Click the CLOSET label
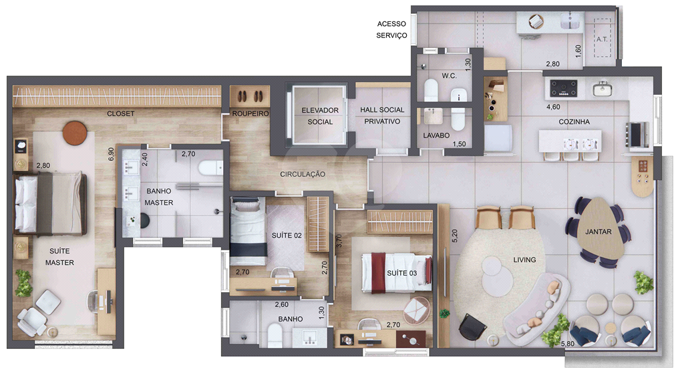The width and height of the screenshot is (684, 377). tap(121, 113)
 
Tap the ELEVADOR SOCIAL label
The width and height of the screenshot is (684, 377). tap(320, 116)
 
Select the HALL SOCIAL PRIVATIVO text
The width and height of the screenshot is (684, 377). tap(382, 115)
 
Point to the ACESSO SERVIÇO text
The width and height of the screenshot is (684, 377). tap(391, 29)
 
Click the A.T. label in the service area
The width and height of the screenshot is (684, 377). tap(602, 39)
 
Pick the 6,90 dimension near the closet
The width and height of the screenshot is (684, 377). tap(111, 154)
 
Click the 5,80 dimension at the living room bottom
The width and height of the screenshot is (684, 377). tap(568, 344)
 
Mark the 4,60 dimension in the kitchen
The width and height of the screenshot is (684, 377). tap(553, 107)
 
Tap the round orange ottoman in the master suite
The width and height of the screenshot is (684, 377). tap(75, 133)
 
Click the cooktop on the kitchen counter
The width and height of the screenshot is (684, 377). tap(564, 87)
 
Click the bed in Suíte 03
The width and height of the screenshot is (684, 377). tap(397, 273)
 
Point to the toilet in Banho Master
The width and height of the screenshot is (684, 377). tap(211, 167)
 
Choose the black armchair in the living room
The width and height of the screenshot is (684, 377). tap(472, 327)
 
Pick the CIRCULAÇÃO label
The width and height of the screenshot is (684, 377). tap(303, 174)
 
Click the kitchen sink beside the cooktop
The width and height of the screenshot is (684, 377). tap(603, 89)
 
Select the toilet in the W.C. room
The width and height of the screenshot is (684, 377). tap(431, 90)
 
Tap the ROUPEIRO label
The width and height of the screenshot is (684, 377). tap(250, 113)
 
